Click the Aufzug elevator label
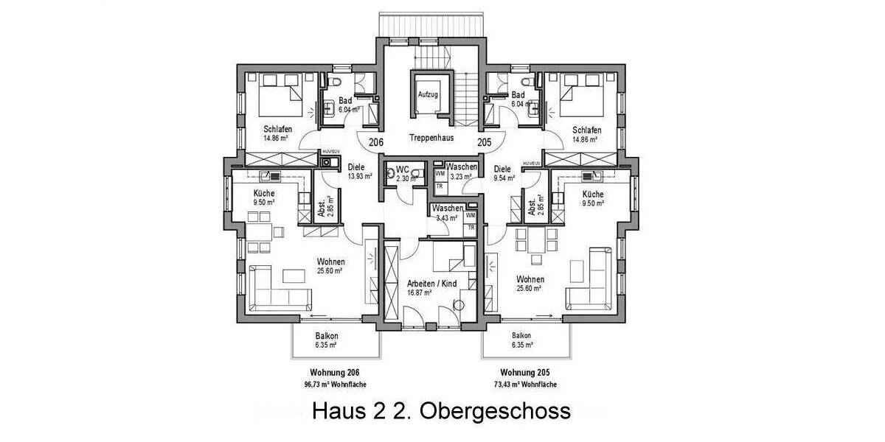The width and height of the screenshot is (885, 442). click(x=428, y=95)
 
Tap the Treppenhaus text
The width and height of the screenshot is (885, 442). click(x=432, y=137)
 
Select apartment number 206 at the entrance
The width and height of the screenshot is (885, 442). click(x=376, y=142)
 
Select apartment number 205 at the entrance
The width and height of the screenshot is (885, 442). click(x=485, y=142)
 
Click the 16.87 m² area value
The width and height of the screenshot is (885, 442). click(x=419, y=292)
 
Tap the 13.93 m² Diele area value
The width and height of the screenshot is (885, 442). click(x=360, y=176)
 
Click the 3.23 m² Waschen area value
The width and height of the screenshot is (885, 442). click(x=460, y=177)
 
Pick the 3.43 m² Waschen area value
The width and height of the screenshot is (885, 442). click(x=447, y=217)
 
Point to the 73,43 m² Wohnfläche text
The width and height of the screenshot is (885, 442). click(x=525, y=385)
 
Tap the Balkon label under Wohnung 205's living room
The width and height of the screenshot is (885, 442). click(x=521, y=335)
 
